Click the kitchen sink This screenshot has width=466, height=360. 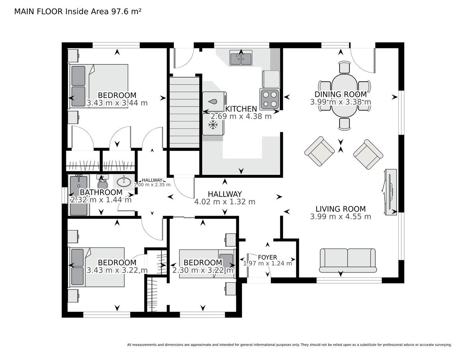click(x=241, y=58)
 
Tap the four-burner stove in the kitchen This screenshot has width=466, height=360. click(x=270, y=99)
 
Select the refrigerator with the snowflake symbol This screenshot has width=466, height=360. click(x=213, y=125)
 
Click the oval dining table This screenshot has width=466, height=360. click(x=344, y=95)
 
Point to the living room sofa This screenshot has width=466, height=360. click(x=348, y=260)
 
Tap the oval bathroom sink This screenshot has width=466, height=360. click(x=124, y=182)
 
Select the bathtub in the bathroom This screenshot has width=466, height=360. click(x=79, y=195)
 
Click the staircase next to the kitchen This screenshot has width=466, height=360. click(x=185, y=112)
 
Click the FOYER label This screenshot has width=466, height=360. click(x=267, y=257)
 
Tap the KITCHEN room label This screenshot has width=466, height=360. click(x=241, y=109)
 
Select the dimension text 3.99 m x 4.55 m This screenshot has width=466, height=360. click(x=340, y=216)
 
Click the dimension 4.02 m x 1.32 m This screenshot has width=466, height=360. click(x=224, y=202)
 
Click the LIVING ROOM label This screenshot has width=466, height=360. click(x=341, y=209)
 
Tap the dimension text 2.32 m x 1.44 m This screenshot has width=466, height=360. click(x=101, y=200)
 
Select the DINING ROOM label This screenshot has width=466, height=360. click(x=341, y=94)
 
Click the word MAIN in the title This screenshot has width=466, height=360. click(x=24, y=12)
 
